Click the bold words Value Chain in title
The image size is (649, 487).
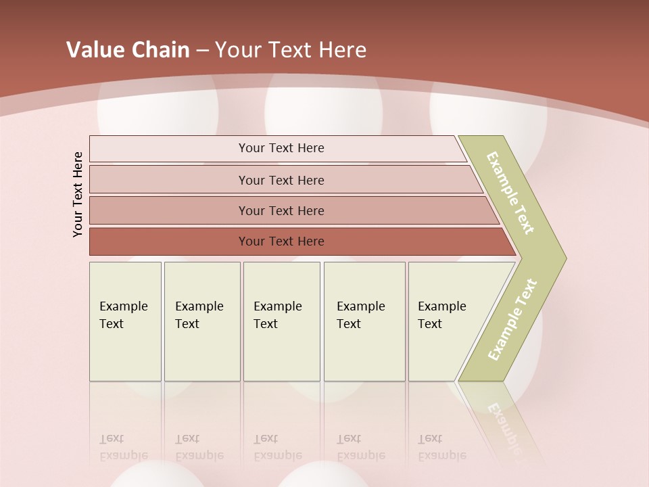[x=128, y=50]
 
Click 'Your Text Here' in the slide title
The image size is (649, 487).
[x=291, y=50]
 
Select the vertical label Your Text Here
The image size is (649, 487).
[x=78, y=194]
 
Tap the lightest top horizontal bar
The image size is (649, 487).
[x=281, y=149]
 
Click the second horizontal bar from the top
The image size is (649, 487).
[x=281, y=180]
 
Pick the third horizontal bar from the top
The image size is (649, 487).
[x=281, y=210]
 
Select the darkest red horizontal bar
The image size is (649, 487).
[x=281, y=241]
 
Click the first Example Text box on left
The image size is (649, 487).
[x=125, y=321]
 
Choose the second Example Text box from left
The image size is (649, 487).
[x=201, y=321]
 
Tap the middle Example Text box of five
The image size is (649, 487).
[x=281, y=321]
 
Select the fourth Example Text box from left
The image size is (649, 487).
[x=364, y=321]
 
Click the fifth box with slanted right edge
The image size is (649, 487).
[x=446, y=321]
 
